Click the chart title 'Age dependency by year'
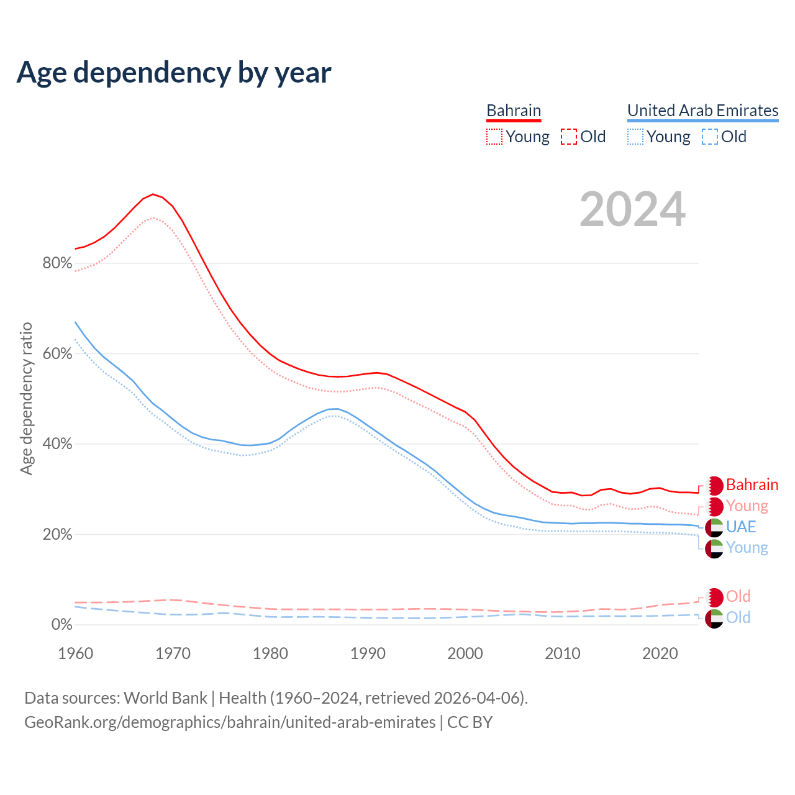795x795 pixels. (174, 73)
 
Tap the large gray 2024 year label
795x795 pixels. (632, 210)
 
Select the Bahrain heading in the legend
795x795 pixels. (514, 111)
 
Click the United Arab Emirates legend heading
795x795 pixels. (702, 111)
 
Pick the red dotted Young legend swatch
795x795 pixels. (494, 137)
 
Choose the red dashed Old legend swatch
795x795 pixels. (569, 137)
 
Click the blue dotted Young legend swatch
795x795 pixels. (635, 137)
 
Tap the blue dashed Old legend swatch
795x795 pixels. (710, 137)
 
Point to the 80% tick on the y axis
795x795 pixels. (57, 263)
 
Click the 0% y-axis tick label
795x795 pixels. (61, 625)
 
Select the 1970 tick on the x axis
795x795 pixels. (173, 653)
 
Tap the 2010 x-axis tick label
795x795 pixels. (563, 653)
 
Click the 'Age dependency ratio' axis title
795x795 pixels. (26, 398)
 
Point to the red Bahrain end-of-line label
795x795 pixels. (752, 484)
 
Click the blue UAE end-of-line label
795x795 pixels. (741, 527)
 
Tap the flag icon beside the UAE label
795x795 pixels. (714, 527)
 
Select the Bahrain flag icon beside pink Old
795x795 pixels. (714, 597)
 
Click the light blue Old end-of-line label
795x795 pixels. (738, 617)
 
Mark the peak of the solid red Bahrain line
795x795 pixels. (153, 194)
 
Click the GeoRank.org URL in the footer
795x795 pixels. (230, 722)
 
